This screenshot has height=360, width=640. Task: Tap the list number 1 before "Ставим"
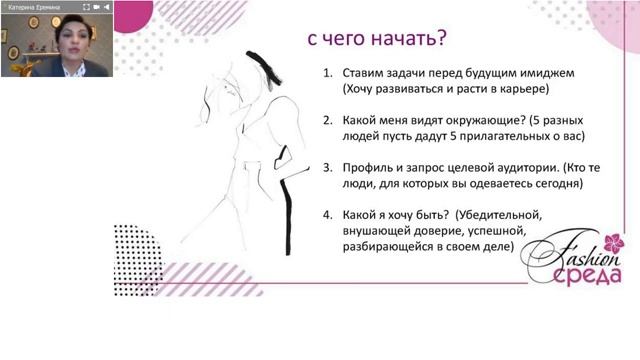326,73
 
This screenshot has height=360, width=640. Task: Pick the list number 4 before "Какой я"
326,213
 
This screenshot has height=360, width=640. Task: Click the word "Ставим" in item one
364,73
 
